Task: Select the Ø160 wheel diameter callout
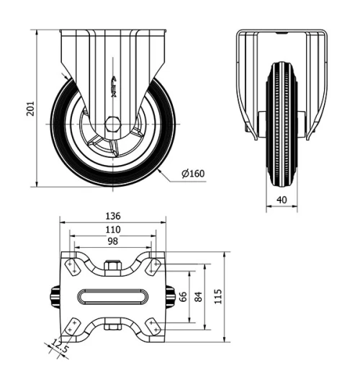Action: [x=193, y=174]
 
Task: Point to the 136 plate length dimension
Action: [x=112, y=216]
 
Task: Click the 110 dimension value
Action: [x=112, y=229]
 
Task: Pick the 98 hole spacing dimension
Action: [x=112, y=242]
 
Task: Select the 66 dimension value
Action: [x=184, y=297]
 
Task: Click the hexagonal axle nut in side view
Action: [x=112, y=123]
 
